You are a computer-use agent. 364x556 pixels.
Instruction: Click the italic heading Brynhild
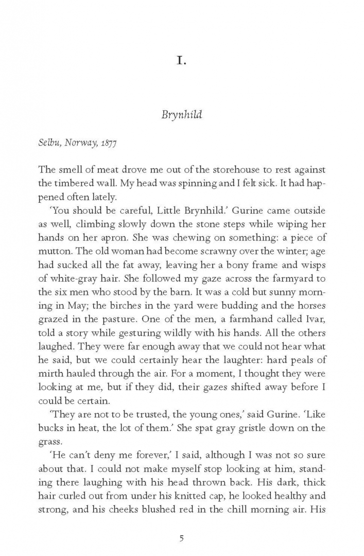pyautogui.click(x=182, y=114)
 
